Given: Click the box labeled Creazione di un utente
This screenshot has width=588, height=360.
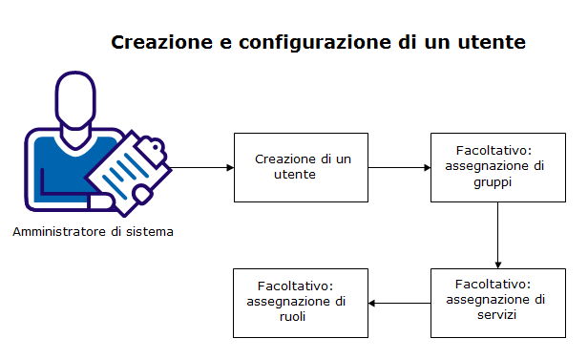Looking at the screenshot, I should pos(301,166).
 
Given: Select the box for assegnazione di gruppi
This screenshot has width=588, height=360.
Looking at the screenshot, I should pos(497,166).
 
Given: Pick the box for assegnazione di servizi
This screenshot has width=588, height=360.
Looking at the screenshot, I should pos(497,302).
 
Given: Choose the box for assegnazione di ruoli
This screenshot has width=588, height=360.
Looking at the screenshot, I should pos(301,302).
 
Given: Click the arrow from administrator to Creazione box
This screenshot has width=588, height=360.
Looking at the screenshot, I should pos(199,168).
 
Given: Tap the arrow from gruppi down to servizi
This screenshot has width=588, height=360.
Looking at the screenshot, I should pos(498,234).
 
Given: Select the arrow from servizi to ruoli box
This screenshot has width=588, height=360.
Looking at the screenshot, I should pos(399,304).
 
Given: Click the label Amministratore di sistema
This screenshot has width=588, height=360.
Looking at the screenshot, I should pos(94,232).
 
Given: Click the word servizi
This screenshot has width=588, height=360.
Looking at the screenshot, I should pos(496,314).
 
